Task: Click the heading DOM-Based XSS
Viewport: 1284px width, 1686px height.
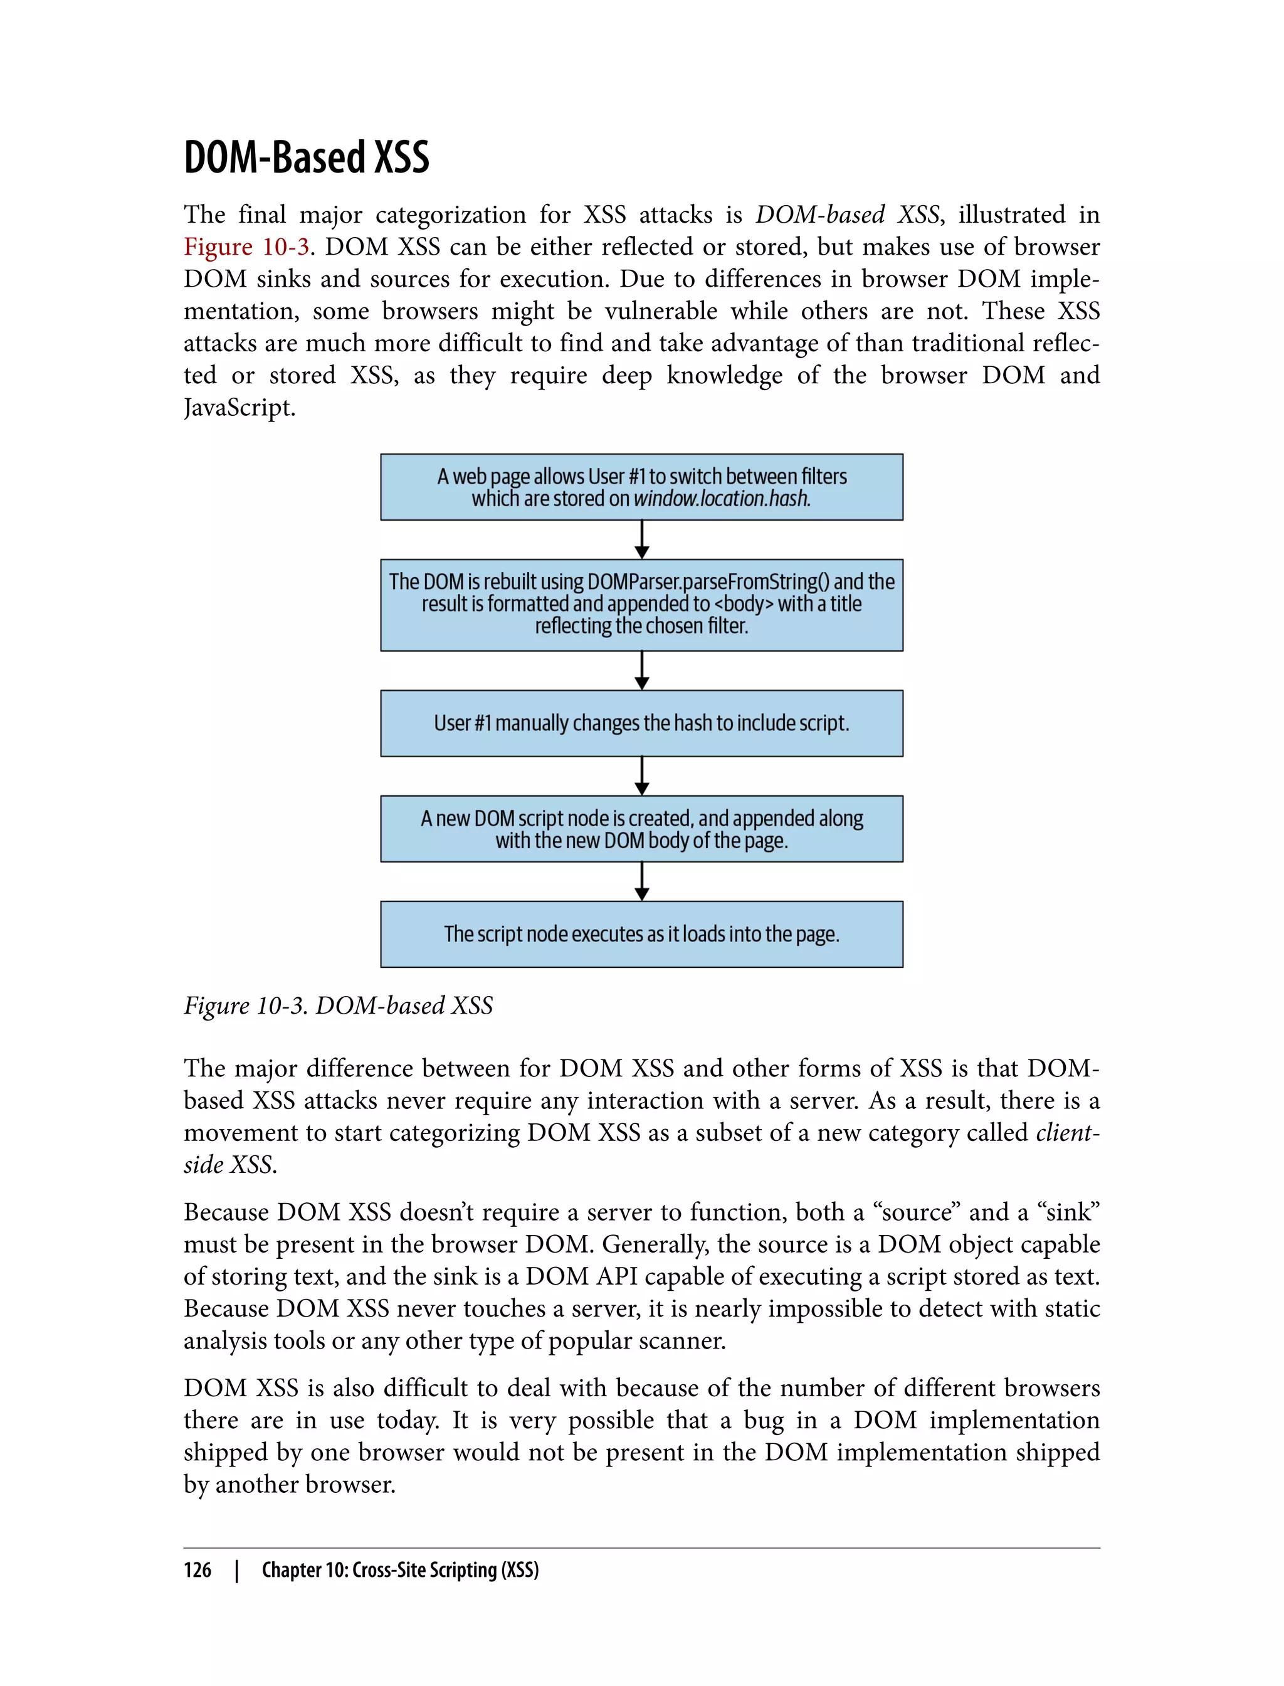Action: click(306, 157)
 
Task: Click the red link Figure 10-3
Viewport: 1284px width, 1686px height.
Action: click(246, 247)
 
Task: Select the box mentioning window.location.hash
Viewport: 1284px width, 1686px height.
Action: click(641, 487)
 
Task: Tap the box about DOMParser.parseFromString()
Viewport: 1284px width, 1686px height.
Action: click(641, 604)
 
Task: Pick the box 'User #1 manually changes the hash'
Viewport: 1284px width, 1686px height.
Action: click(641, 723)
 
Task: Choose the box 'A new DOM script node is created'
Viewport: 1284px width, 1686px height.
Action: click(641, 829)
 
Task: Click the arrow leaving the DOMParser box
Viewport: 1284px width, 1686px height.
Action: click(642, 671)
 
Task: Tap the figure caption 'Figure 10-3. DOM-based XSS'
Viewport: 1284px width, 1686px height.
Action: click(338, 1005)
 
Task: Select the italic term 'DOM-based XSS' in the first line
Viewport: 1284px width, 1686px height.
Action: click(847, 215)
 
